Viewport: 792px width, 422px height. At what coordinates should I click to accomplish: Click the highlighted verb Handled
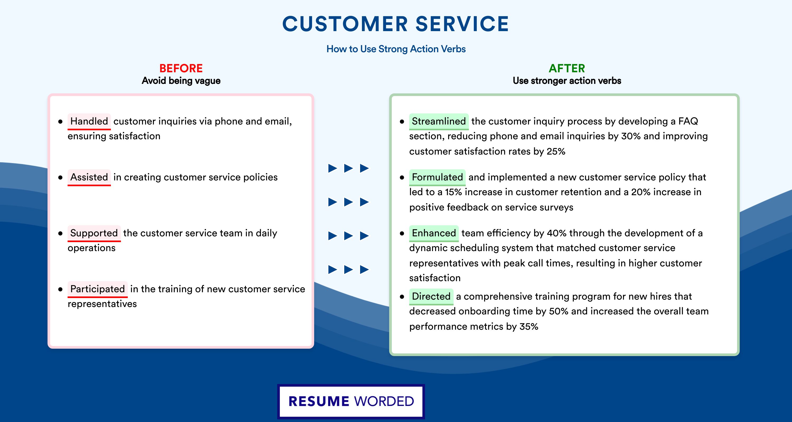[89, 121]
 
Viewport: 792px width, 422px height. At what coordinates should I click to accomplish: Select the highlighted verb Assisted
[89, 177]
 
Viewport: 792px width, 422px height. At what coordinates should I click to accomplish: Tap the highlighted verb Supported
[94, 233]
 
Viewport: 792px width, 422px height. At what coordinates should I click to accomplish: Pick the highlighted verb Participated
[97, 289]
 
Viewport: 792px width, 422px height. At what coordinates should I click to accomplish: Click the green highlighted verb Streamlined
[439, 121]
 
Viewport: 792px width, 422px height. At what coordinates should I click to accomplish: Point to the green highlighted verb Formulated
[437, 177]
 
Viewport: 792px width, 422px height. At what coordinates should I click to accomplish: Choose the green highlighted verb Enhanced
[434, 233]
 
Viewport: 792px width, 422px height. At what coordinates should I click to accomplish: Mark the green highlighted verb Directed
[431, 296]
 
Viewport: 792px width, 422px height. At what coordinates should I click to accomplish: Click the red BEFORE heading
[181, 68]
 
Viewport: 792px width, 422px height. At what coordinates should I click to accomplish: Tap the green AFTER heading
[567, 68]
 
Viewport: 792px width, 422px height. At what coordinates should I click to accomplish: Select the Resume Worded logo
[351, 401]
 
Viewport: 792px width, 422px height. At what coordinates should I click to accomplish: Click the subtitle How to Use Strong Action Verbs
[396, 49]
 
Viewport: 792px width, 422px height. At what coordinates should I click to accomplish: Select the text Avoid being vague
[181, 81]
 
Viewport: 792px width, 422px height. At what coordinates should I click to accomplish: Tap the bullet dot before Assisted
[60, 178]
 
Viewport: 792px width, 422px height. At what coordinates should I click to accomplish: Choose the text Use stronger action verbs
[567, 81]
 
